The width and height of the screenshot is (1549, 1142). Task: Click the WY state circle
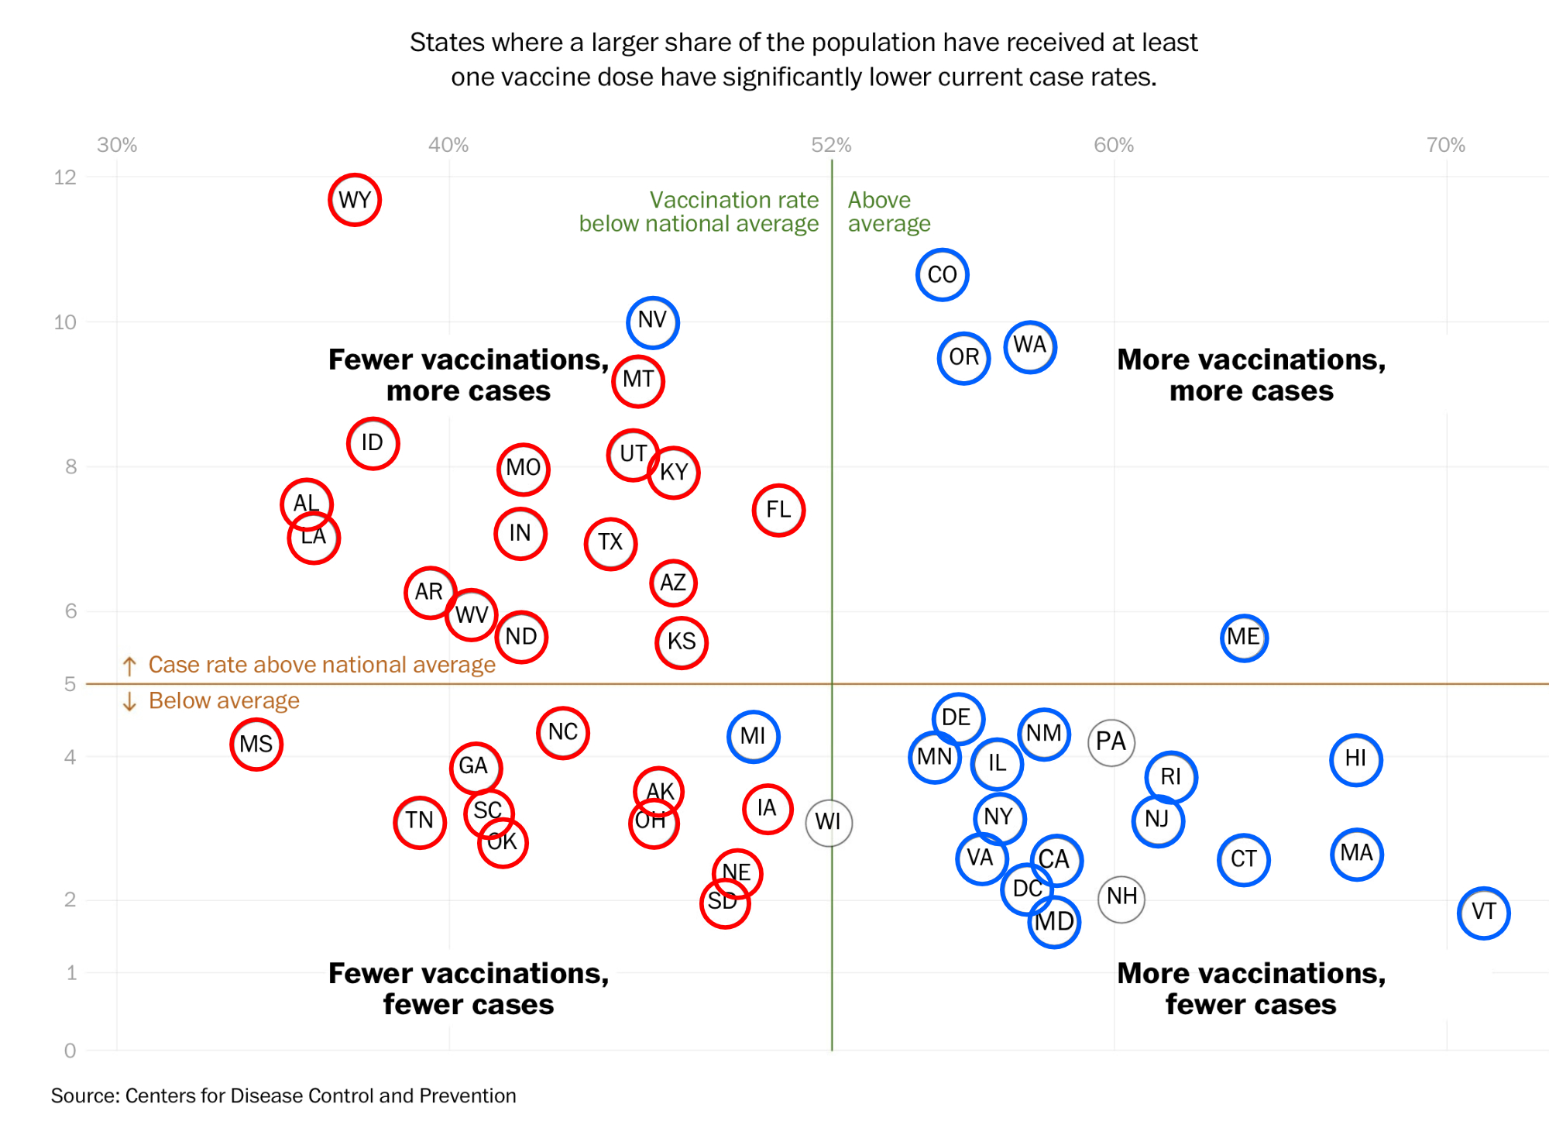355,200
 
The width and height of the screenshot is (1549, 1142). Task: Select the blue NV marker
653,322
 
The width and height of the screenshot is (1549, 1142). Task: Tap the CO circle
942,274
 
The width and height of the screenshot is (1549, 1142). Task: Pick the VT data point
1483,913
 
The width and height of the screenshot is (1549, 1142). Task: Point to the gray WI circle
829,822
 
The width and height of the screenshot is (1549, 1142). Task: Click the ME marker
1244,638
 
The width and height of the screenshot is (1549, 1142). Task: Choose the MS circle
256,745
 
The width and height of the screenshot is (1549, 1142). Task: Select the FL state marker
778,510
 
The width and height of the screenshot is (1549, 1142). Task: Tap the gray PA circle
1111,742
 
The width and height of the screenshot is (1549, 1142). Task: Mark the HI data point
1355,759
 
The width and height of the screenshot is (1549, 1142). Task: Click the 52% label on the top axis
831,145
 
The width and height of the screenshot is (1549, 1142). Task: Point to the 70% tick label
1445,145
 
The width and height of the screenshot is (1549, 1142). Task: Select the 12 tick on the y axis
65,177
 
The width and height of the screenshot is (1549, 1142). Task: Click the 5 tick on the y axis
70,684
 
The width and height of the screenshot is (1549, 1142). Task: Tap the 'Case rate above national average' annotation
321,665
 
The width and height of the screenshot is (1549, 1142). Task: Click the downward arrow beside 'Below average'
129,701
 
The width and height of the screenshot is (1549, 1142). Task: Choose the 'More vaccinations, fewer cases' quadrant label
1251,989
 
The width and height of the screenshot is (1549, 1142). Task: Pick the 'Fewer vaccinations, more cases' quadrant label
469,375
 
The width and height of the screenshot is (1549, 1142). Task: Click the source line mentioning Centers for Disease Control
283,1096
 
